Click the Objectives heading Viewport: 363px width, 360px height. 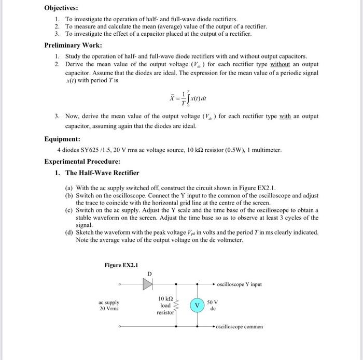tap(61, 8)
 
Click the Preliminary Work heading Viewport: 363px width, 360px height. tap(73, 45)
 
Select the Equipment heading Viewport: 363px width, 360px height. tap(62, 139)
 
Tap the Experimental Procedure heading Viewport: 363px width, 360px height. tap(82, 161)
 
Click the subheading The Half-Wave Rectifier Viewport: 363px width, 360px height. tap(102, 172)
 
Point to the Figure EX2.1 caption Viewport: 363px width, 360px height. tap(121, 265)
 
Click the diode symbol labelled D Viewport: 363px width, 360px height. tap(150, 284)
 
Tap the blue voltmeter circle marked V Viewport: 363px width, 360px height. tap(197, 305)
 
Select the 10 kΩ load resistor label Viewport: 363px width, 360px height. tap(165, 305)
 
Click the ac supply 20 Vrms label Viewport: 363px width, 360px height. tap(109, 305)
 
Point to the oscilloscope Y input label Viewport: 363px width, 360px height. tap(240, 284)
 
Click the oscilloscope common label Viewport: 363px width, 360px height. tap(239, 327)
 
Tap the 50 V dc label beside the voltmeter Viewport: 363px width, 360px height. tap(213, 305)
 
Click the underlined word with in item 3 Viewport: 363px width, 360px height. tap(285, 117)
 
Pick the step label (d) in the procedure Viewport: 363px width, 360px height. tap(69, 232)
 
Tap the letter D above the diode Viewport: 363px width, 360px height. tap(150, 273)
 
